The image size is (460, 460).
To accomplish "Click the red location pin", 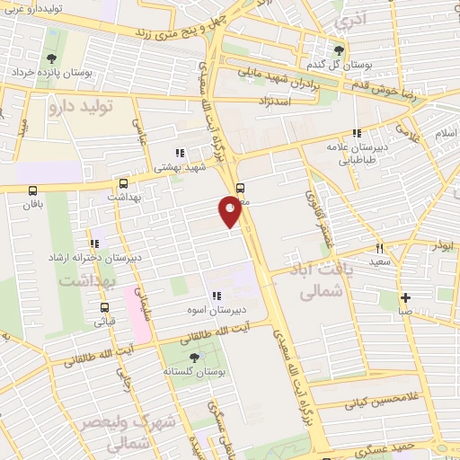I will click(x=230, y=212).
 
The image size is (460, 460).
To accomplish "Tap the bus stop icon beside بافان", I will click(x=33, y=190).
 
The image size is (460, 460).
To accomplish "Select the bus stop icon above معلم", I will click(x=240, y=189).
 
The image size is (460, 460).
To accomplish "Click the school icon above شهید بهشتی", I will click(x=179, y=152).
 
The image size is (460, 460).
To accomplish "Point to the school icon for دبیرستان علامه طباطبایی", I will click(x=358, y=133).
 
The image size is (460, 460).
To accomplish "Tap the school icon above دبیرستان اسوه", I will click(x=216, y=296).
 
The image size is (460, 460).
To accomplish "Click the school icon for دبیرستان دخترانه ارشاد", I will click(x=93, y=243).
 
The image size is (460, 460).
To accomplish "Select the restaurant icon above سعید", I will click(x=380, y=248).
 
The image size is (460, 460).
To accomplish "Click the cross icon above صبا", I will click(x=405, y=297).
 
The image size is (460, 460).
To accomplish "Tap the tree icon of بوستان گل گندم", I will click(x=339, y=49).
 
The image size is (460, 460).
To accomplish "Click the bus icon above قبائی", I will click(x=105, y=305).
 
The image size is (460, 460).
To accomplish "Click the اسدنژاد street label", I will click(x=277, y=101).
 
